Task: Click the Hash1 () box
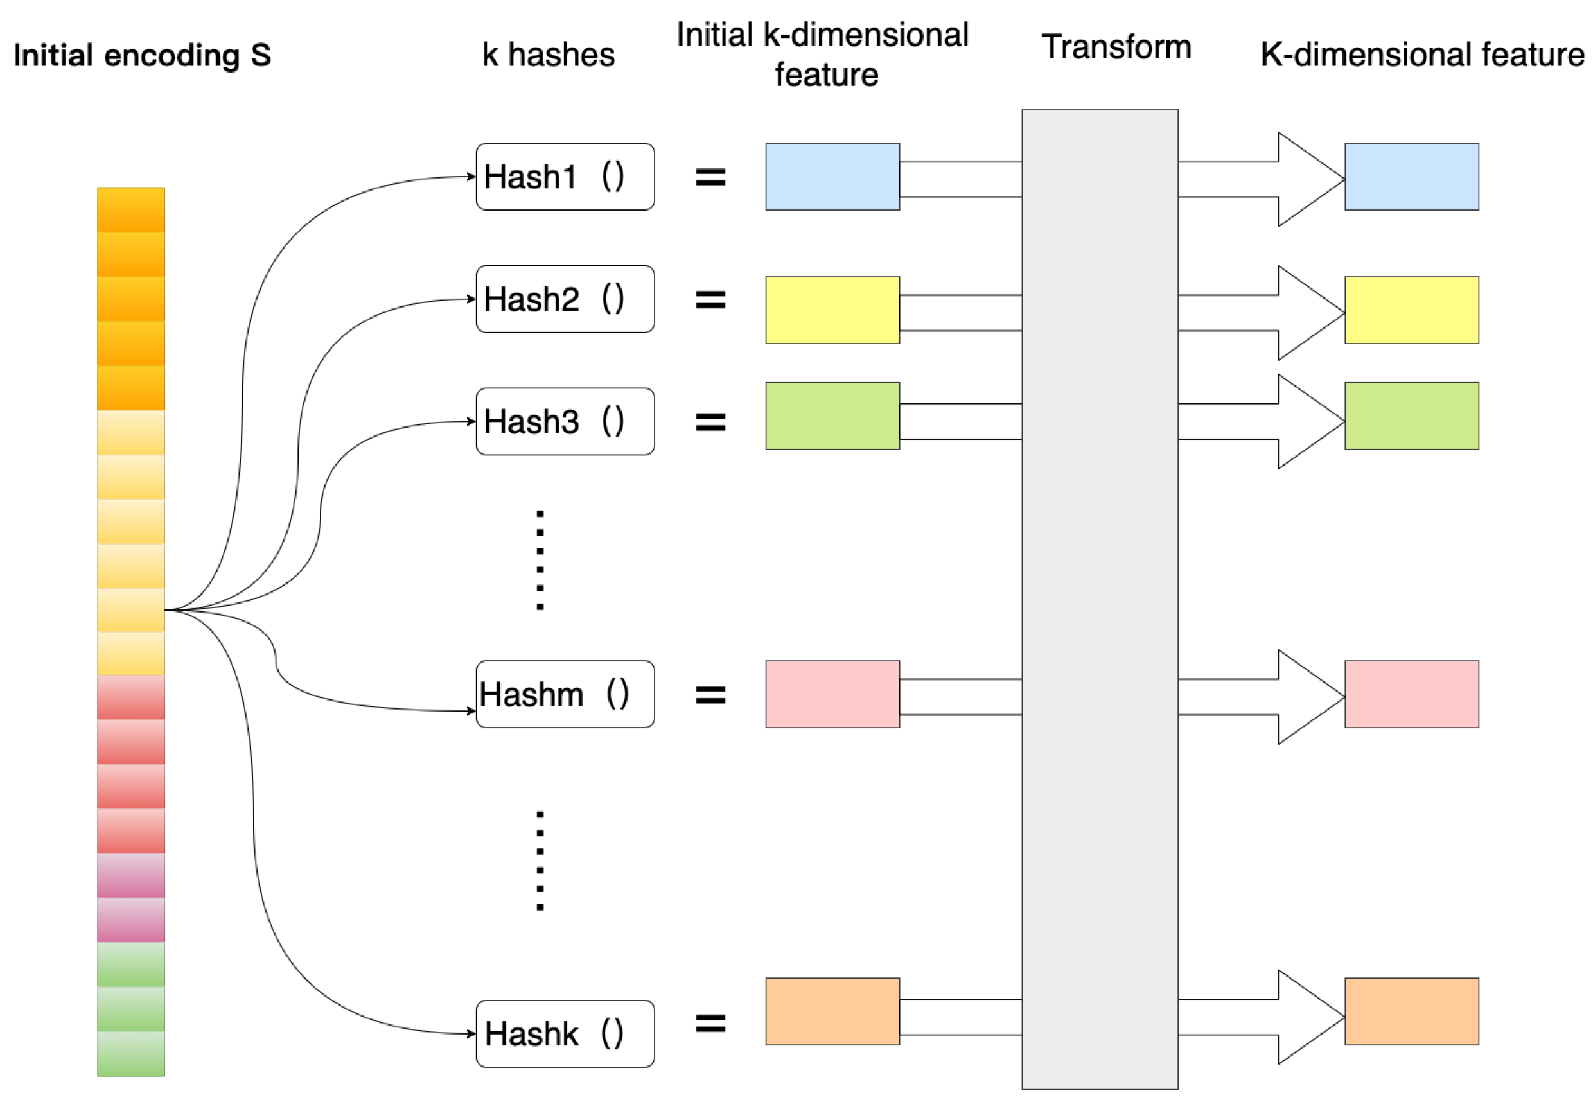click(x=565, y=177)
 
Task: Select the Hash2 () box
click(x=565, y=299)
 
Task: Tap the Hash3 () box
click(x=565, y=421)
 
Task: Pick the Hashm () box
click(x=565, y=694)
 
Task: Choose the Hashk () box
click(x=565, y=1033)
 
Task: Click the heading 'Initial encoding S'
click(x=142, y=55)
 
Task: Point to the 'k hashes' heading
click(x=548, y=55)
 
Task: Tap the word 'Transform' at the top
click(x=1116, y=47)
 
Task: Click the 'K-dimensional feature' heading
click(x=1422, y=55)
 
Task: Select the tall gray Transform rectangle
click(x=1100, y=600)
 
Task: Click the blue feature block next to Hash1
click(x=832, y=177)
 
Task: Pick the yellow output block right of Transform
click(x=1411, y=310)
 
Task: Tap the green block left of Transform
click(x=832, y=415)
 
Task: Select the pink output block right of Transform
click(x=1411, y=694)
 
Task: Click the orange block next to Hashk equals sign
click(x=832, y=1011)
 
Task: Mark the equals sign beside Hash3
click(x=710, y=421)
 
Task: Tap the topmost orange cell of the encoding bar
click(x=131, y=209)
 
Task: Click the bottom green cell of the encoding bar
click(x=131, y=1052)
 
